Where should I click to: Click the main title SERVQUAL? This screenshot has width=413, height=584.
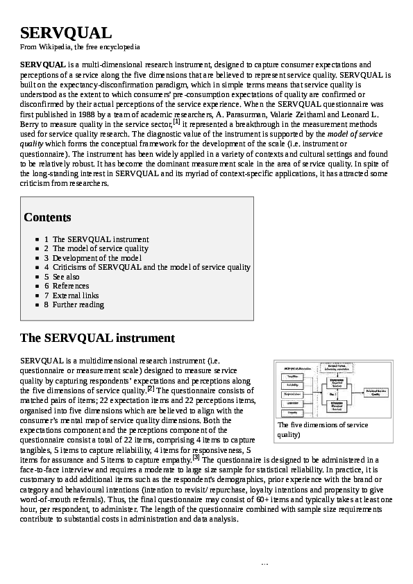click(x=66, y=33)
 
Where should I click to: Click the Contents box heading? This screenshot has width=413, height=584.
click(x=47, y=217)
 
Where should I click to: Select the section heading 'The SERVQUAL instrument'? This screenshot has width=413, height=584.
click(x=97, y=338)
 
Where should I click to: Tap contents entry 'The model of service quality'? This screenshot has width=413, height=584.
click(x=100, y=248)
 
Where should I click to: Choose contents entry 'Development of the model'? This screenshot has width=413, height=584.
click(x=96, y=258)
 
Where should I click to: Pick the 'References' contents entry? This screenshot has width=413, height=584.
click(x=71, y=286)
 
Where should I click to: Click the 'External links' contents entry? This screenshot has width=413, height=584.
click(x=76, y=295)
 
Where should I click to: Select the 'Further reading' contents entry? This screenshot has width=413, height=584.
click(x=78, y=304)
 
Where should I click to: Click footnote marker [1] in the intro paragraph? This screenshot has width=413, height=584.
click(x=176, y=121)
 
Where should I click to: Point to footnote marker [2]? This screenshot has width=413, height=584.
click(x=150, y=388)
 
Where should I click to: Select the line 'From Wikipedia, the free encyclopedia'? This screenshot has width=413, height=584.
click(x=81, y=47)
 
